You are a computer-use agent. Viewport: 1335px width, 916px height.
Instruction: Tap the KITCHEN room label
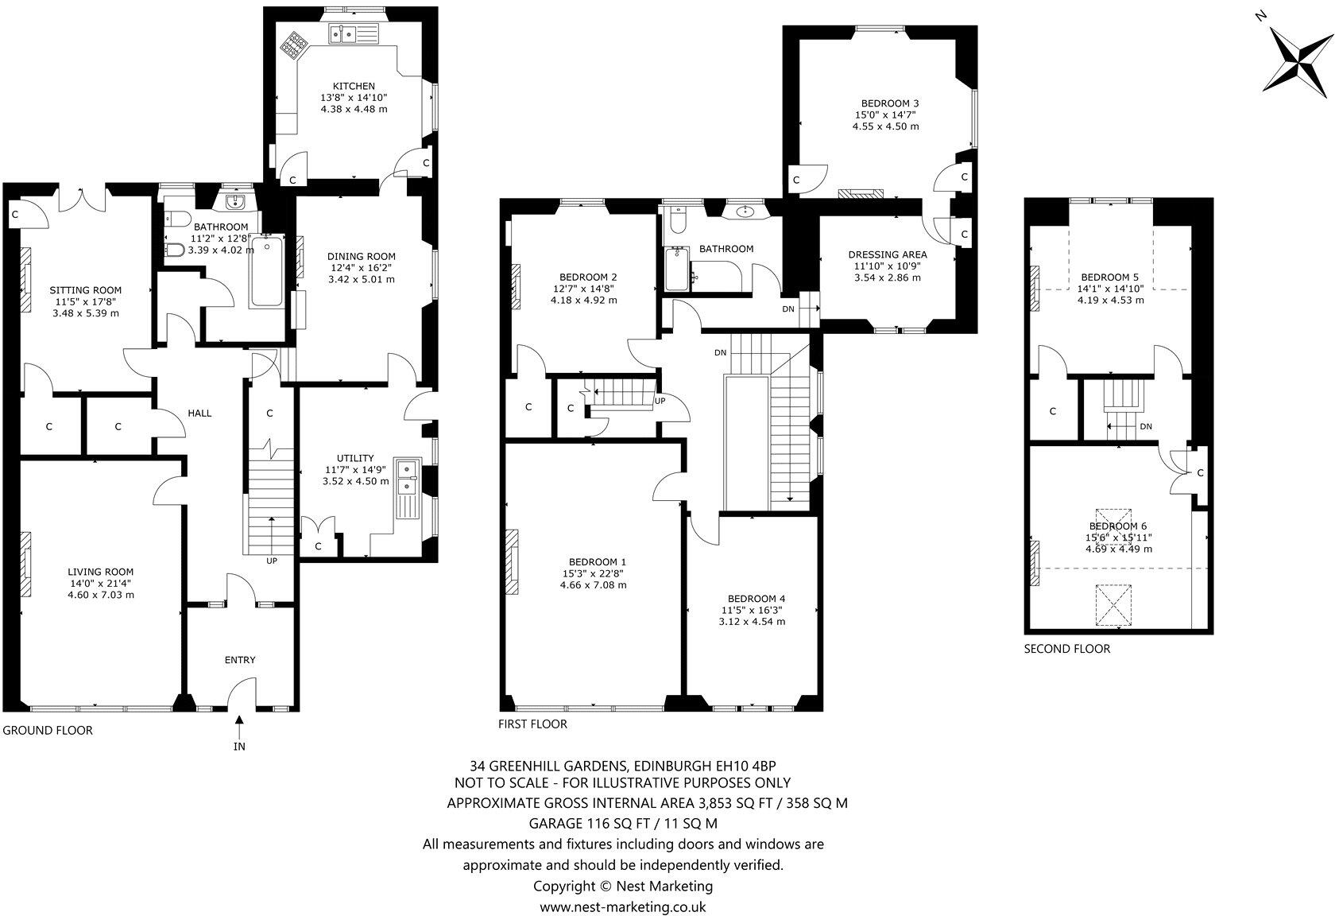pos(354,86)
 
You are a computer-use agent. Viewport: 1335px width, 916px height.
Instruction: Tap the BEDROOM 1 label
pos(592,561)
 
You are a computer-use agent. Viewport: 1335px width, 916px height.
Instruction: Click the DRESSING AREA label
pos(887,254)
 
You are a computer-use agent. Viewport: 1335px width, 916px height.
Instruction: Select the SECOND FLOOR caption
pos(1066,649)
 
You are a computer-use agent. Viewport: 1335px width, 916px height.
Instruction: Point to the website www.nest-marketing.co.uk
pos(622,906)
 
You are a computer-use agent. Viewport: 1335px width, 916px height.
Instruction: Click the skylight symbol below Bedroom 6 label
pos(1112,606)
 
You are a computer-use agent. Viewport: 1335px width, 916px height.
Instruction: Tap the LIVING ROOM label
pos(100,572)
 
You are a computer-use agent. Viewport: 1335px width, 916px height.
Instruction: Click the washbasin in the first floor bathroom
pos(745,212)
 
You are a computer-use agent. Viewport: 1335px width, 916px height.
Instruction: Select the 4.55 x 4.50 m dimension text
pos(885,126)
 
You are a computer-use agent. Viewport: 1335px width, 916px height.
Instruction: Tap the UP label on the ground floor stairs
pos(272,561)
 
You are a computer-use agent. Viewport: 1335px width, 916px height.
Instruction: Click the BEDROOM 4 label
pos(756,599)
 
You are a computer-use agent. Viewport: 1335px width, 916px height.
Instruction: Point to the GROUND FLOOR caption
pos(48,730)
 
